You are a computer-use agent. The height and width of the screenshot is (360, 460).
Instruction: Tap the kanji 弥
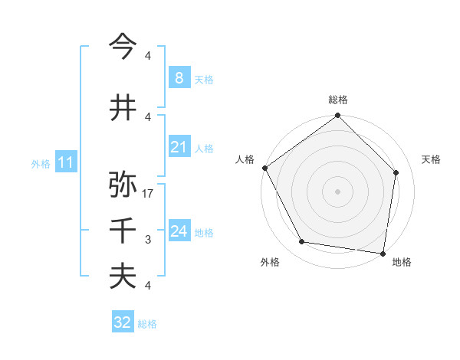[123, 185]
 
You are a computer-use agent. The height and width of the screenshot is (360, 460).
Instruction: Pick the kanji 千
[123, 231]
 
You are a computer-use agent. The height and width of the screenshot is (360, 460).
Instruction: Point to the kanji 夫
[123, 277]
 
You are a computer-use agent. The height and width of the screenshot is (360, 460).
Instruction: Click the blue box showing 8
[179, 78]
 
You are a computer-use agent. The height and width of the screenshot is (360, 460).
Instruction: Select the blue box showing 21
[179, 147]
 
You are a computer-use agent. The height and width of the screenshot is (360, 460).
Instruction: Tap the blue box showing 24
[179, 231]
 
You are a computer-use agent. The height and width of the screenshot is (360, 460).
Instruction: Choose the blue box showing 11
[65, 162]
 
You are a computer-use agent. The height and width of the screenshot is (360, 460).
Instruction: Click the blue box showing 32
[123, 322]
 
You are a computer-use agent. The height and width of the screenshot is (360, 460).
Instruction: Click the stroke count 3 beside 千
[148, 240]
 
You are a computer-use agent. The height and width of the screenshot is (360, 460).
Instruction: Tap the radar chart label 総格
[338, 100]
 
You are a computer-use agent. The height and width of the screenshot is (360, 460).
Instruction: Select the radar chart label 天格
[431, 159]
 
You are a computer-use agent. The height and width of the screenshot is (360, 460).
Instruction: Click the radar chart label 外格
[270, 262]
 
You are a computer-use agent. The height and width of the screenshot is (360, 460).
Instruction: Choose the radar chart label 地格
[402, 262]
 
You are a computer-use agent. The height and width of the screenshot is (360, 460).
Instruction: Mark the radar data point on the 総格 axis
[338, 116]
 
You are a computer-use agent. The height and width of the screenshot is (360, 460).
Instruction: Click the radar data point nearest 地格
[383, 253]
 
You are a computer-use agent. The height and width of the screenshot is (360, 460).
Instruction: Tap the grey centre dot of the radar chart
[338, 191]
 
